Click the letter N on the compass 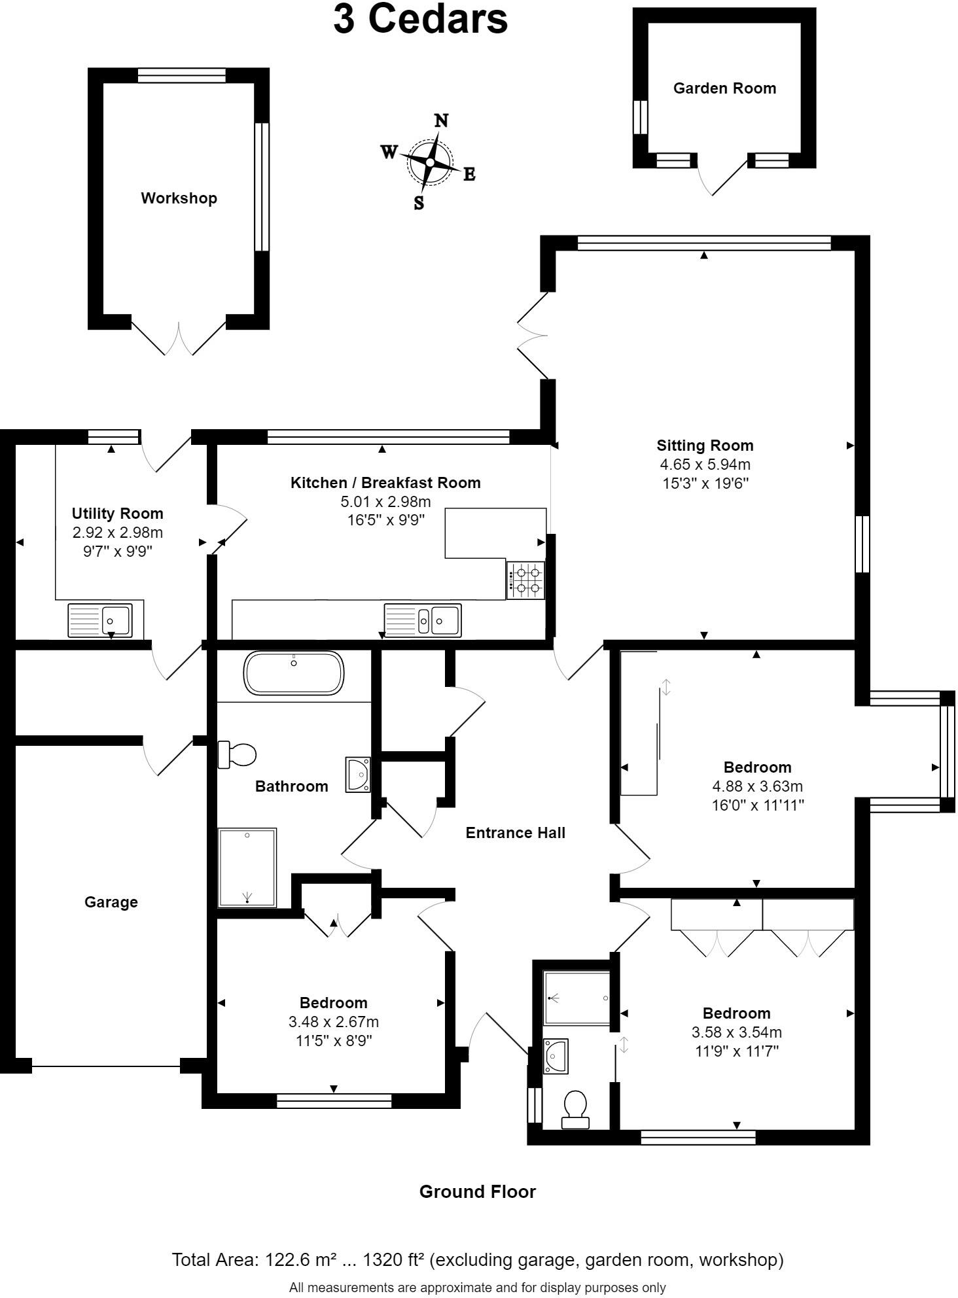click(442, 120)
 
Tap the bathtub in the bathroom click(294, 673)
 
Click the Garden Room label click(724, 88)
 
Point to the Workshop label click(179, 198)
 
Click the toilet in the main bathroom click(237, 754)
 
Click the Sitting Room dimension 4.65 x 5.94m click(705, 465)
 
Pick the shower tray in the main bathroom click(247, 868)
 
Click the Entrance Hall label click(515, 833)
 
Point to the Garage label click(111, 902)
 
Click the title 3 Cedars click(420, 20)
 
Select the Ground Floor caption click(477, 1191)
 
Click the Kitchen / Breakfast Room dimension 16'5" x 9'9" click(385, 520)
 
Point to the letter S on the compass click(419, 203)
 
